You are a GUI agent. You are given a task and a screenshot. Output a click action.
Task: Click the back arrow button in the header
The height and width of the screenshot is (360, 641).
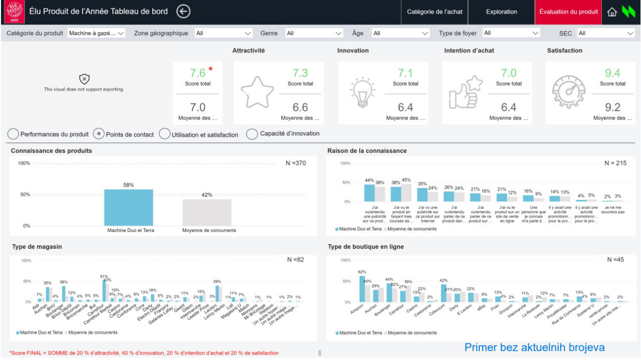[184, 12]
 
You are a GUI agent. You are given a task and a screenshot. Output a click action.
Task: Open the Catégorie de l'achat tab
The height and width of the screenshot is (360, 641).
[435, 12]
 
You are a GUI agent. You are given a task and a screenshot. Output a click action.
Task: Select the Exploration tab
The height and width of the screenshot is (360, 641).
[501, 12]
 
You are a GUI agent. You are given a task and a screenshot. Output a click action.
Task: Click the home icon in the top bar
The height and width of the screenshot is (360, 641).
[611, 12]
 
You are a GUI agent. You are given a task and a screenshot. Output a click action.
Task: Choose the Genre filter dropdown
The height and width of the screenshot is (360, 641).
[313, 34]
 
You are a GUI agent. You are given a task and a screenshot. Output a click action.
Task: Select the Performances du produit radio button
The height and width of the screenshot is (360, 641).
[14, 134]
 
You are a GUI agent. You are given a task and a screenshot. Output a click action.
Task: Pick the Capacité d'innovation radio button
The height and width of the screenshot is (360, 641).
[252, 134]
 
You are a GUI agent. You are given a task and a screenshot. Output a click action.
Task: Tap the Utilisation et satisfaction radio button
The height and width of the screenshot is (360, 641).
[164, 134]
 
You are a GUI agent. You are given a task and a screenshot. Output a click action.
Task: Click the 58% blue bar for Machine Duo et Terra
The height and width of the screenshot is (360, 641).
[129, 208]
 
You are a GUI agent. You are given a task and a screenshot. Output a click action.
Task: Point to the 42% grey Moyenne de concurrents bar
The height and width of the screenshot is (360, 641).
[207, 213]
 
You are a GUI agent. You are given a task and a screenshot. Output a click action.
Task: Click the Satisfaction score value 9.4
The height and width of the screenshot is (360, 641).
[612, 73]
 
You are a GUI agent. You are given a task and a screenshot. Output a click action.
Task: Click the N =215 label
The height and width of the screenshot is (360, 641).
[615, 163]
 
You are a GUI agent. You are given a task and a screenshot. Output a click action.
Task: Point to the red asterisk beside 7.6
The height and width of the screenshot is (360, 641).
[211, 69]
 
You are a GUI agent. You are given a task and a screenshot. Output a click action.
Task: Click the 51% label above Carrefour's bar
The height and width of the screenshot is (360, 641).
[104, 276]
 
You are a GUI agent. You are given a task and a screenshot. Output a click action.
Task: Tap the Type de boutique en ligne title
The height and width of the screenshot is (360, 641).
[366, 247]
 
